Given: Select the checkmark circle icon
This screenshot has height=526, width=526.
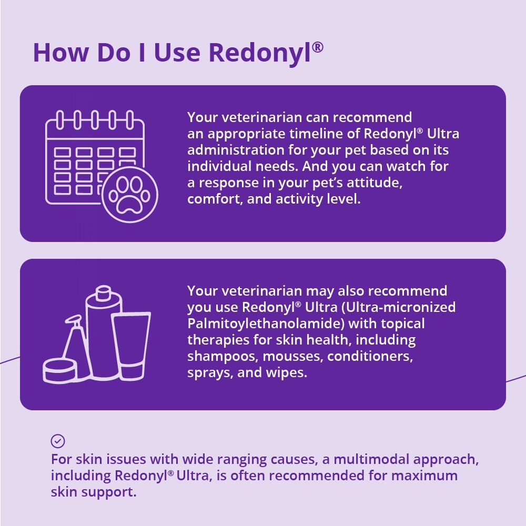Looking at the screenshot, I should (x=58, y=441).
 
